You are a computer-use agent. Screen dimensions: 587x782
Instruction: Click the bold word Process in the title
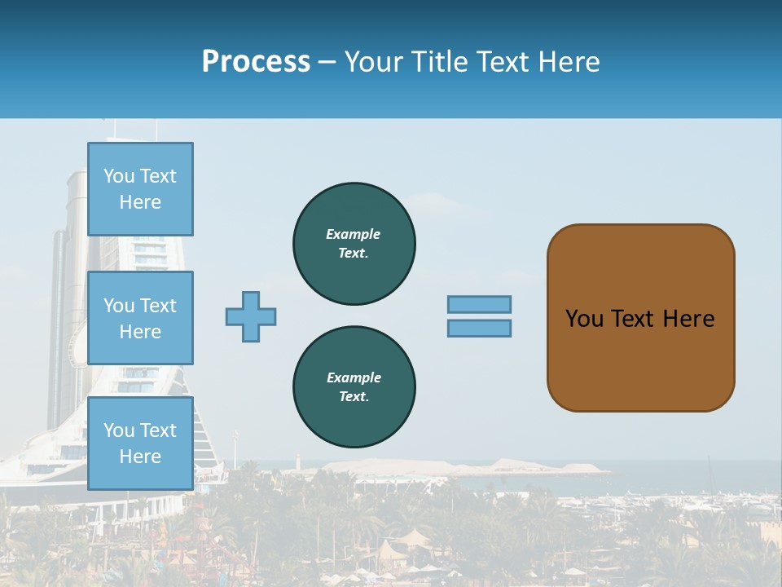point(256,62)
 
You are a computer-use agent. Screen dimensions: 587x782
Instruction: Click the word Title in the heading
point(439,62)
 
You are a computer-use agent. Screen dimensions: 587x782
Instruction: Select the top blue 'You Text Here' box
point(140,189)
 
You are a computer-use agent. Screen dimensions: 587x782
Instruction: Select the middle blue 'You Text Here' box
point(140,318)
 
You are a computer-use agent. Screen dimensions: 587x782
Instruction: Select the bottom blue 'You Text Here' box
point(140,443)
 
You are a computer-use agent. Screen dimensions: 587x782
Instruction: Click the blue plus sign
point(251,316)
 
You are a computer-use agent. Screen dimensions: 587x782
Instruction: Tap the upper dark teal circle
point(354,244)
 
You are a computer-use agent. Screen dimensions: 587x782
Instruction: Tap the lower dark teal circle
point(354,387)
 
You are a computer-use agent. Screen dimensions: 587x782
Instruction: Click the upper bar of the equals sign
point(479,304)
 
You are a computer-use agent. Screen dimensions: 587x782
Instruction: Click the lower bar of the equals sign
point(479,328)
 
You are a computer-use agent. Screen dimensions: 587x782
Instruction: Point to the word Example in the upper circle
point(353,234)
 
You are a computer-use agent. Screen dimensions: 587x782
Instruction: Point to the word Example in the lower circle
point(354,377)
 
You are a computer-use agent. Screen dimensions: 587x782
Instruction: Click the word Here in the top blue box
point(140,202)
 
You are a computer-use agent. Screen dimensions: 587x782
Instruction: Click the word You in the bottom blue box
point(119,430)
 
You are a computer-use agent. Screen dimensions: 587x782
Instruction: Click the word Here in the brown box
point(688,319)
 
